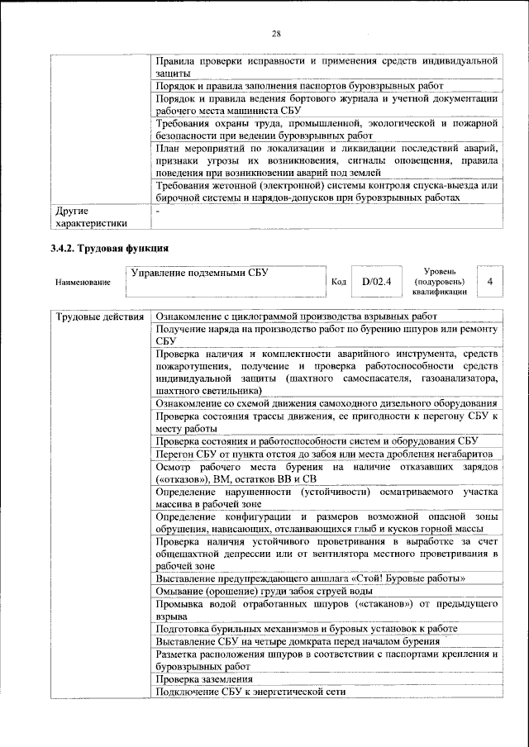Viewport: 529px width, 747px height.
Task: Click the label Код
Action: [x=337, y=282]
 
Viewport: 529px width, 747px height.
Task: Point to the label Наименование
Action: [x=83, y=282]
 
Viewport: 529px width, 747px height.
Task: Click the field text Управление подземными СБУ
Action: [x=200, y=273]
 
